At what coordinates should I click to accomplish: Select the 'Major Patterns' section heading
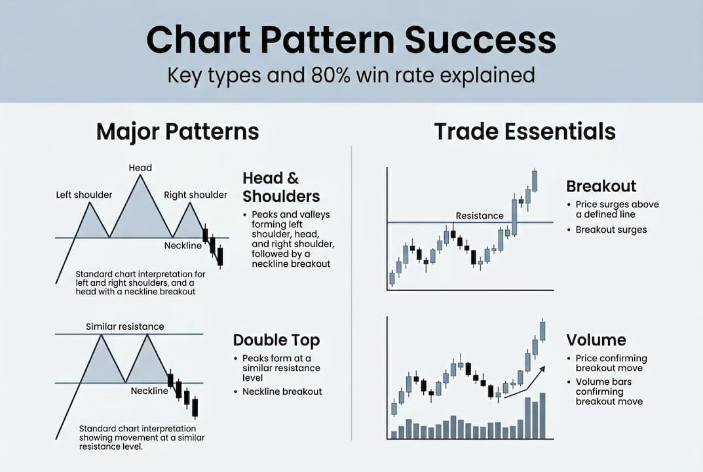click(178, 132)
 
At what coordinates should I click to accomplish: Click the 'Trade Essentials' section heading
click(525, 132)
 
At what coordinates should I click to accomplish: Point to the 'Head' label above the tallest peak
click(140, 168)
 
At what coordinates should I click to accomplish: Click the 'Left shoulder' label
click(85, 195)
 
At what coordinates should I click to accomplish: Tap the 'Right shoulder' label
click(195, 195)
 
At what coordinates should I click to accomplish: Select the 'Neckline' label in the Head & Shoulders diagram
click(183, 246)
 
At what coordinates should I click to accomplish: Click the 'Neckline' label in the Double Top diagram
click(149, 391)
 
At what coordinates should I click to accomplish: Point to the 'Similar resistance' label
click(125, 326)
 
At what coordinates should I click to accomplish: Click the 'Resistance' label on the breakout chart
click(480, 216)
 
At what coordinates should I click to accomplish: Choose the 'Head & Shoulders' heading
click(281, 187)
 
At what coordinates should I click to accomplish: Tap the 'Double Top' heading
click(276, 340)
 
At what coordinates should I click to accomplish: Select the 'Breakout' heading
click(601, 186)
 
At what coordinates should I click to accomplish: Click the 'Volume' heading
click(596, 340)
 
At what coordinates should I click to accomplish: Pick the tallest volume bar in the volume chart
click(542, 416)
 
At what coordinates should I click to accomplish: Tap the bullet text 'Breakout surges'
click(611, 229)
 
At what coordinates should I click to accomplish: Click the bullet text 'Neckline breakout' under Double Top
click(282, 391)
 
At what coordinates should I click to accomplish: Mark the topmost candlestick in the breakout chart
click(535, 180)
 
